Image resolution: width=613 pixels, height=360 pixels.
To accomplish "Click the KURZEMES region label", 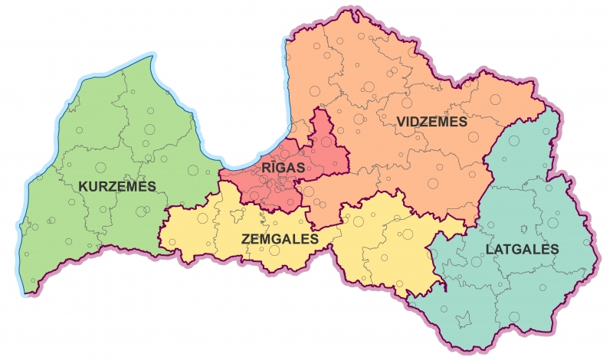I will [117, 186].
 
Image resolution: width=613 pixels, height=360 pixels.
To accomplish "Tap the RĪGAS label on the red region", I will [283, 168].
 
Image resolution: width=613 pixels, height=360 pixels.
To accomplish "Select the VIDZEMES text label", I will [431, 123].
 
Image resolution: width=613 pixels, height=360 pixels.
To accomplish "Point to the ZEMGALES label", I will [279, 239].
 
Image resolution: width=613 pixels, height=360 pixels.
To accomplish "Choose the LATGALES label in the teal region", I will [522, 250].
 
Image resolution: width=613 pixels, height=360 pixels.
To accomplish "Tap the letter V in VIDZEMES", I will [401, 123].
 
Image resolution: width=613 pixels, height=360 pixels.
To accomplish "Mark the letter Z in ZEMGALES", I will [245, 239].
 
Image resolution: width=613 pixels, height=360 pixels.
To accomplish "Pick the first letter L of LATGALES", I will [489, 250].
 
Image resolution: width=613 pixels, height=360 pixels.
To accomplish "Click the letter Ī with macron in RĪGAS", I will [272, 167].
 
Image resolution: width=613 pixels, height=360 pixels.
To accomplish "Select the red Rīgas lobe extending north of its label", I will [323, 134].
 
